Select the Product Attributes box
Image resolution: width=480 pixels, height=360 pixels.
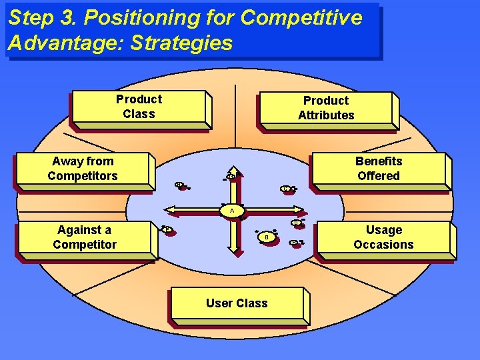(x=326, y=108)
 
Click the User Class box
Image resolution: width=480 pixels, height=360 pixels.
(x=237, y=303)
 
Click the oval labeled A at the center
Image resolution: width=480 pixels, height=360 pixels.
(x=232, y=211)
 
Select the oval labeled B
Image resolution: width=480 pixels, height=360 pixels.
(x=266, y=237)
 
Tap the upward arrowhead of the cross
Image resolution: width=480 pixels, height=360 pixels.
(x=234, y=173)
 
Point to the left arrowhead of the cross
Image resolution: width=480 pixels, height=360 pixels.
(x=172, y=211)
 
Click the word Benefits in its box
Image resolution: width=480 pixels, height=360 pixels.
(x=378, y=161)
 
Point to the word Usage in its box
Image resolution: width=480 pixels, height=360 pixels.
(x=384, y=230)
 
